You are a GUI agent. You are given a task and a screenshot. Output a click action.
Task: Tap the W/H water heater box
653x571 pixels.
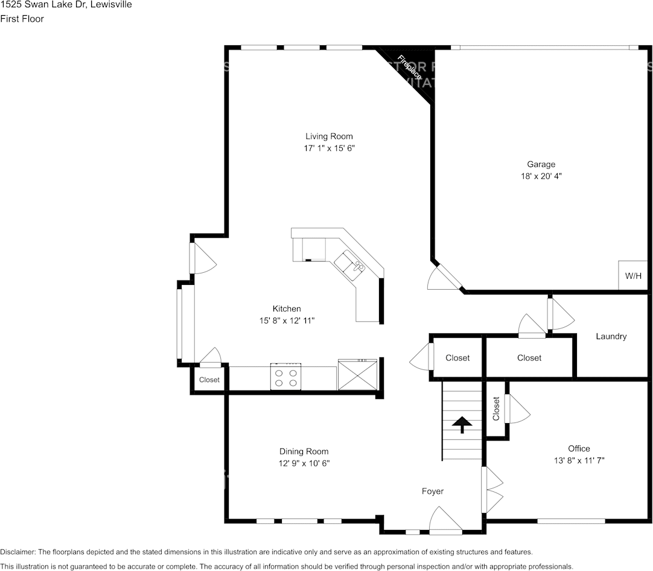point(632,276)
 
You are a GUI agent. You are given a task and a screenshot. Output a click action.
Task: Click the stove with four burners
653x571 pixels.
point(285,377)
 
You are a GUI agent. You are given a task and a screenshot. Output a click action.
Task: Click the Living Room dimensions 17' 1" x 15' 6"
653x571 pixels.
point(329,148)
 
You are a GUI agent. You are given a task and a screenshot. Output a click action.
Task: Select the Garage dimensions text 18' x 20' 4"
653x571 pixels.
point(541,176)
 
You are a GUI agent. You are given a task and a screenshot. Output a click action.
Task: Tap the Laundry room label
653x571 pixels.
point(611,336)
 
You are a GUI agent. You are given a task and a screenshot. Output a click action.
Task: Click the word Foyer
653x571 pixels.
point(432,491)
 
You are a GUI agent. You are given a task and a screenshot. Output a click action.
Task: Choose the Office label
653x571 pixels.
point(579,448)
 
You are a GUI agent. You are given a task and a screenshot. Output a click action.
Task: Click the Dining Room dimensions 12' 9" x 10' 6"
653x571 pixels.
point(304,464)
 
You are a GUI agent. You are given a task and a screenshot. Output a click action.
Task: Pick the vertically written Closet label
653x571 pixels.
point(496,409)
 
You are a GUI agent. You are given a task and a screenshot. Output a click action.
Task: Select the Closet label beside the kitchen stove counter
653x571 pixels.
point(209,380)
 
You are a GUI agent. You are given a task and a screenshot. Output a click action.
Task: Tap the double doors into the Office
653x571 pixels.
point(492,490)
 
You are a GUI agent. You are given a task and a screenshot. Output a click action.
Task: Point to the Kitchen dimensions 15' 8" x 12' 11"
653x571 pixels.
point(287,321)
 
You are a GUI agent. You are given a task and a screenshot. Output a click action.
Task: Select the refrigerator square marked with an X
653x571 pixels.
point(357,374)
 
